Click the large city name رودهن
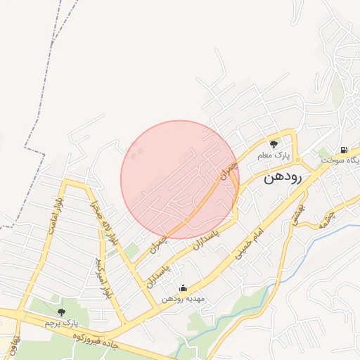283,178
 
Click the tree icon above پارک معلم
274,143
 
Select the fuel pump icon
344,149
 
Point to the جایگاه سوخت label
341,160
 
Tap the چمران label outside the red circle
160,243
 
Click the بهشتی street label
297,214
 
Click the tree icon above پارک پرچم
61,311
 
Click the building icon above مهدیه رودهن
183,288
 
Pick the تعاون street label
12,345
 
